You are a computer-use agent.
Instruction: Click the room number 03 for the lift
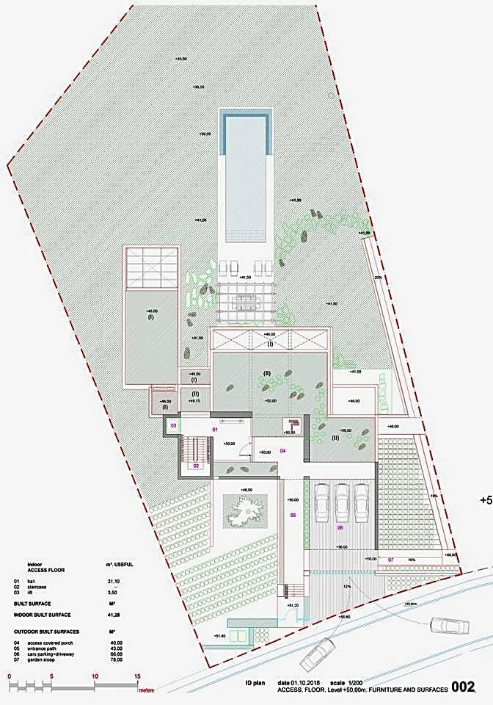click(174, 425)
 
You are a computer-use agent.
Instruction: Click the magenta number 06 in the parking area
click(340, 527)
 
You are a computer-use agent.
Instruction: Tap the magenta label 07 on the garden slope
click(391, 560)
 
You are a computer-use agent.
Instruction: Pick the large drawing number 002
click(464, 687)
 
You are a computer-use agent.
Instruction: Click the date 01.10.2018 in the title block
click(299, 682)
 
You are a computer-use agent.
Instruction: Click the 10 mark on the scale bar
click(94, 676)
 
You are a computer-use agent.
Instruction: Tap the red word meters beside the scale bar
click(147, 690)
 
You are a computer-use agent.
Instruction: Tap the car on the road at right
click(449, 625)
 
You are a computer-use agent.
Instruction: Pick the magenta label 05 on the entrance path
click(293, 516)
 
